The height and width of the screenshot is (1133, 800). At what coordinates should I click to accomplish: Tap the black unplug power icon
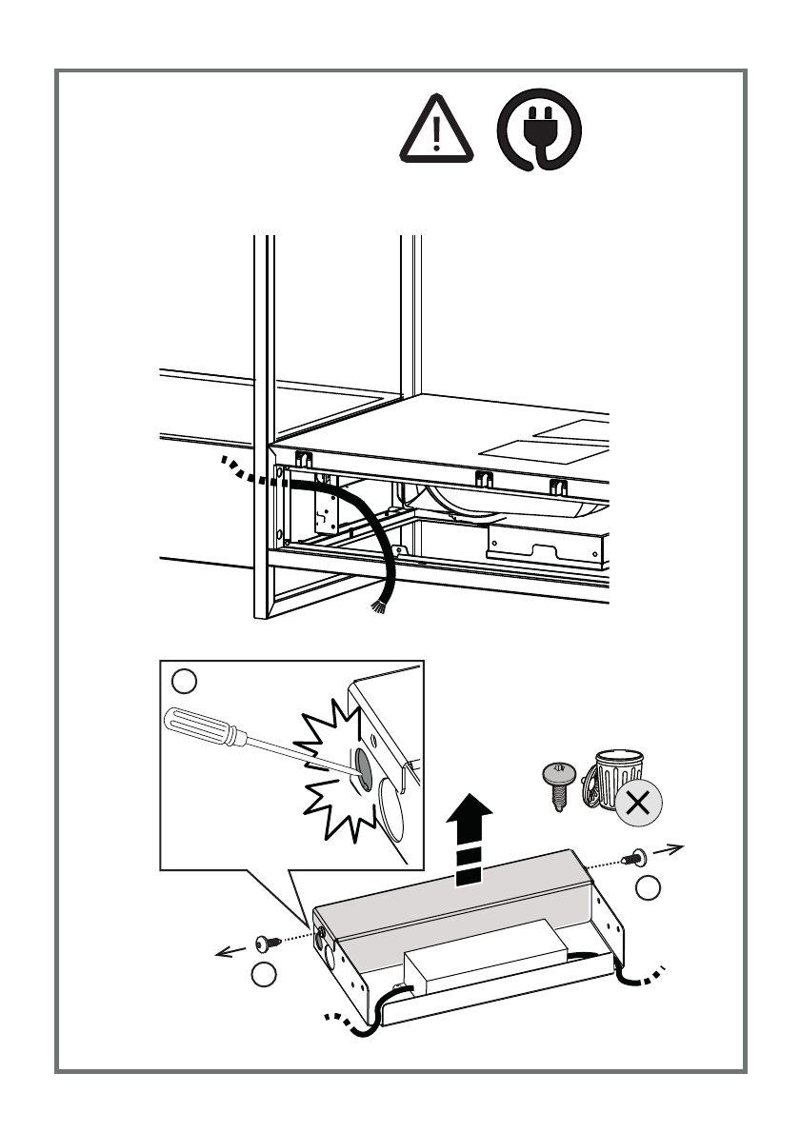click(x=538, y=135)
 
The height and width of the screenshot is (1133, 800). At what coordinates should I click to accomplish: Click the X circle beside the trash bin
click(x=638, y=804)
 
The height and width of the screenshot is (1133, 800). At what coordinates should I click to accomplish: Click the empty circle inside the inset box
click(x=184, y=682)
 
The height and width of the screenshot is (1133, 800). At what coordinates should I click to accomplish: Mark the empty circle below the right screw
click(x=648, y=889)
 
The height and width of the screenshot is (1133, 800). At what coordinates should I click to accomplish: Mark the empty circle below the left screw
click(x=264, y=974)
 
